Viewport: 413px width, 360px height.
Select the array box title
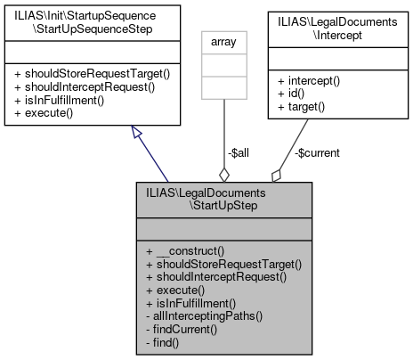pyautogui.click(x=224, y=40)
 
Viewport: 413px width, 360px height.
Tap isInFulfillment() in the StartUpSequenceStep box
pyautogui.click(x=64, y=102)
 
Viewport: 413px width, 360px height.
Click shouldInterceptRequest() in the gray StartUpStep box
pyautogui.click(x=217, y=277)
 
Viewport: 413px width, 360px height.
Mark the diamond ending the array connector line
pyautogui.click(x=224, y=173)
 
